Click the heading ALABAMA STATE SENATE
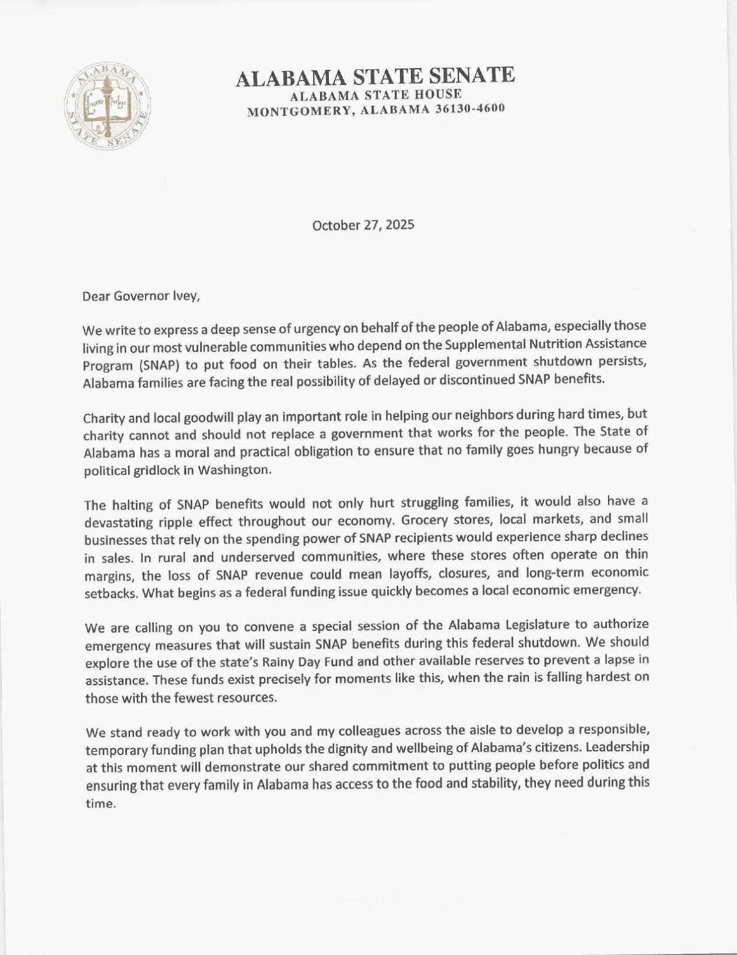pyautogui.click(x=375, y=77)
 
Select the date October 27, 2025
pyautogui.click(x=363, y=225)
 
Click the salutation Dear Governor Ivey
pyautogui.click(x=141, y=295)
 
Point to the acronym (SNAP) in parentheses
pyautogui.click(x=153, y=364)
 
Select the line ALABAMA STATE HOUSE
pyautogui.click(x=376, y=94)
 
